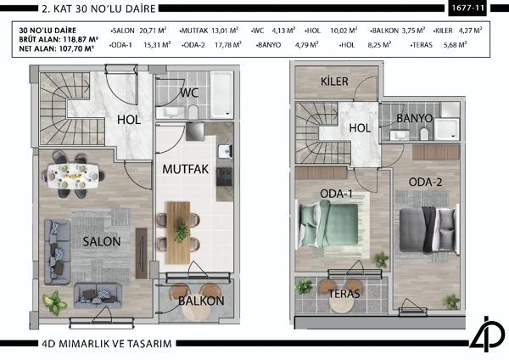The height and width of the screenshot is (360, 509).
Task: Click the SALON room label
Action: (x=102, y=241)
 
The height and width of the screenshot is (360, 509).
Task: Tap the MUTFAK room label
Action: (x=186, y=169)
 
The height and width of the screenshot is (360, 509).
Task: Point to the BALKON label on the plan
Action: (x=201, y=301)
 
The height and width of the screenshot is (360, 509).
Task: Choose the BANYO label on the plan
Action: (x=415, y=118)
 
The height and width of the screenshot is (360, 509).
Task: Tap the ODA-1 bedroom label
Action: (x=337, y=194)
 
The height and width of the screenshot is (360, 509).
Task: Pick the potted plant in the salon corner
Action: (x=53, y=300)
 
